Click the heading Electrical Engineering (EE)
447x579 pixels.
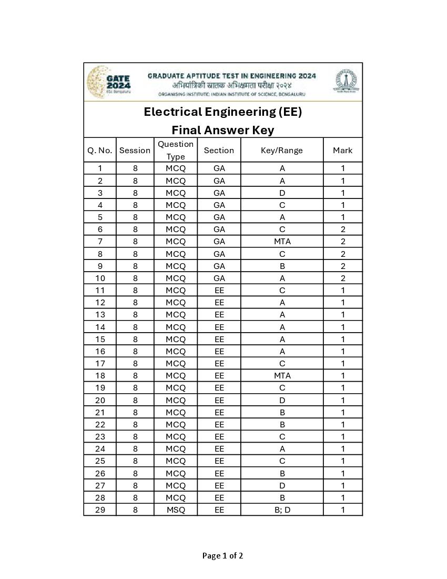click(x=223, y=112)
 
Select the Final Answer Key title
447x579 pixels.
click(x=223, y=130)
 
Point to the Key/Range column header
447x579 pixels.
click(x=282, y=151)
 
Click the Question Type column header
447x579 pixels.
click(x=176, y=151)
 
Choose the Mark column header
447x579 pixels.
click(x=342, y=151)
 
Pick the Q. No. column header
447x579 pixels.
click(x=100, y=151)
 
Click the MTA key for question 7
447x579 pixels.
click(x=282, y=242)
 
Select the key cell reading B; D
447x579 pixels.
click(x=282, y=510)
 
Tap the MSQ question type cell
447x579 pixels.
click(x=176, y=510)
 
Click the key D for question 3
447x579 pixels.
click(x=282, y=193)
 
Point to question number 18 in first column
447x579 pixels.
click(x=100, y=376)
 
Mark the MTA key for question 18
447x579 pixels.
click(x=282, y=376)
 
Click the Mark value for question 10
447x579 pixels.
click(x=342, y=278)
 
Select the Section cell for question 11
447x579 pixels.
click(x=219, y=291)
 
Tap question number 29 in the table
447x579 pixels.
click(x=100, y=510)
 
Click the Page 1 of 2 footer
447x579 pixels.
click(x=223, y=556)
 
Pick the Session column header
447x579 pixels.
click(x=135, y=151)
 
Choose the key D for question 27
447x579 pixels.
click(x=282, y=486)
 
